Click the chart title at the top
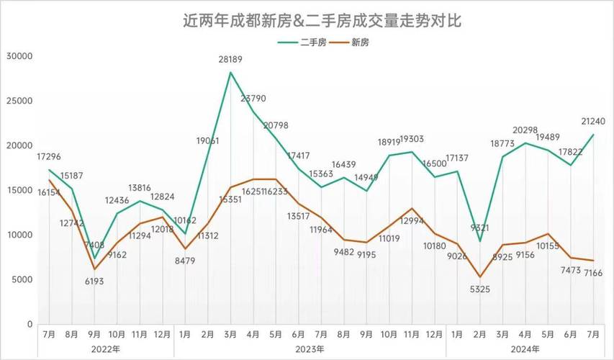[x=321, y=21]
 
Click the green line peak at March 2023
[x=231, y=72]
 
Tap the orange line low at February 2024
[x=480, y=277]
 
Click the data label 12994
[x=412, y=221]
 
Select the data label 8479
[x=185, y=261]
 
